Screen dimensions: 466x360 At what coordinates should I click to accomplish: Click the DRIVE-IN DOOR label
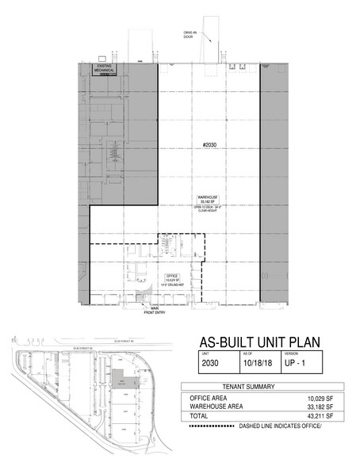coord(190,33)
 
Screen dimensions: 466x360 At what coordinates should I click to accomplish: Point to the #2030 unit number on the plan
coord(209,146)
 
